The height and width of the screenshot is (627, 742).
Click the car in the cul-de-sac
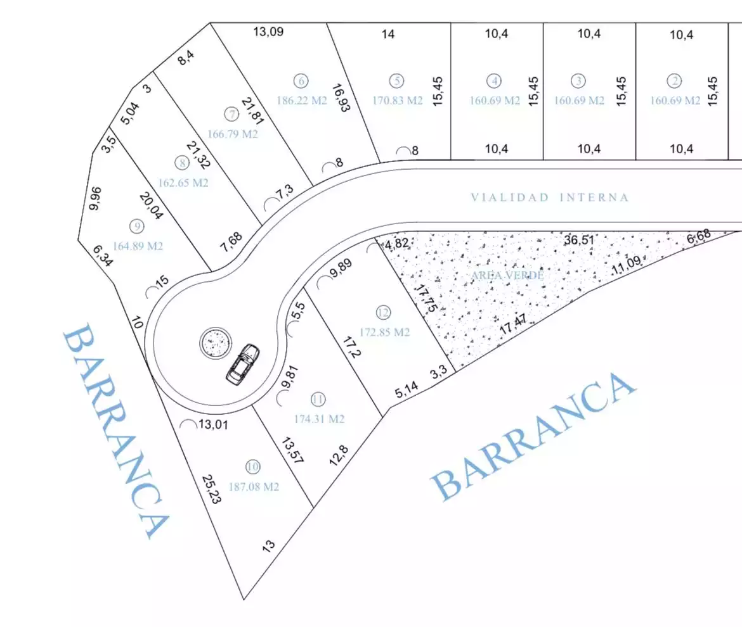click(x=243, y=364)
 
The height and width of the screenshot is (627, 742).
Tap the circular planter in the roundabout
click(x=216, y=343)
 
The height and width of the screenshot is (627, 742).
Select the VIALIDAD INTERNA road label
click(x=549, y=198)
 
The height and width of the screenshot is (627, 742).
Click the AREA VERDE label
click(x=507, y=275)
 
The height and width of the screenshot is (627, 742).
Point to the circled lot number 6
click(x=301, y=81)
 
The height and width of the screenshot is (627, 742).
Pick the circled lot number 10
click(x=252, y=467)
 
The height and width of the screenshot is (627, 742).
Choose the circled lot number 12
click(x=383, y=312)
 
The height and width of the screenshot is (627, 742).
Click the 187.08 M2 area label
click(x=254, y=486)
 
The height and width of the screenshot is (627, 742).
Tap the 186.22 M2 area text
click(x=302, y=101)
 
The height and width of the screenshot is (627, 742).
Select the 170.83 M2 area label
click(x=398, y=101)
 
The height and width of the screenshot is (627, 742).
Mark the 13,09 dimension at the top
click(x=268, y=32)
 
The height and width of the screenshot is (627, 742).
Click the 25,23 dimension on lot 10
click(x=212, y=490)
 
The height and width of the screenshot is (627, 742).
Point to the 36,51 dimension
click(x=579, y=240)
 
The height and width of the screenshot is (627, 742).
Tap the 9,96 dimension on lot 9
click(x=95, y=198)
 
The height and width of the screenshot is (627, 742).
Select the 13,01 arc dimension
click(x=213, y=424)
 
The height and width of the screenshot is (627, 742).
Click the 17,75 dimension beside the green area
click(x=426, y=298)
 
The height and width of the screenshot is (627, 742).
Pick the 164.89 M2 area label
click(x=138, y=246)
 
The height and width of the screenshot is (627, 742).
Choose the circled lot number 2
click(x=674, y=81)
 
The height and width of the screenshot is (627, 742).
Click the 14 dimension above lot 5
click(x=388, y=34)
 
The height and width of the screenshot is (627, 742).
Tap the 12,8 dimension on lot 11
click(x=339, y=455)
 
